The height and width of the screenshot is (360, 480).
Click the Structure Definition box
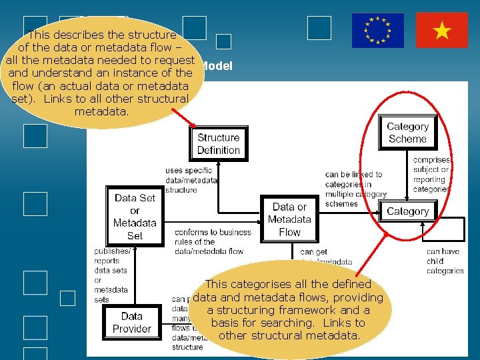(x=218, y=144)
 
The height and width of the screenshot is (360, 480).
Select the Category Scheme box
(x=407, y=133)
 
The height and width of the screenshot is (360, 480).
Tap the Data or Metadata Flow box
(x=289, y=219)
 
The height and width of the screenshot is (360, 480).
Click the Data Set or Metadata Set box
(x=135, y=217)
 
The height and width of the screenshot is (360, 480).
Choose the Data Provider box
(x=131, y=323)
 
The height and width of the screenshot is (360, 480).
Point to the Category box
(x=407, y=211)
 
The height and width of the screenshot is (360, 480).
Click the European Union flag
(x=378, y=31)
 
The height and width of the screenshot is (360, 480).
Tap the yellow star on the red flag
(x=441, y=31)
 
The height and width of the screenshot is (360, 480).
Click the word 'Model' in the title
(x=216, y=66)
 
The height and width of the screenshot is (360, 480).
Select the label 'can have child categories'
(x=445, y=261)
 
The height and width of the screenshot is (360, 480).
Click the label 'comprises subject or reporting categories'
(x=431, y=175)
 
